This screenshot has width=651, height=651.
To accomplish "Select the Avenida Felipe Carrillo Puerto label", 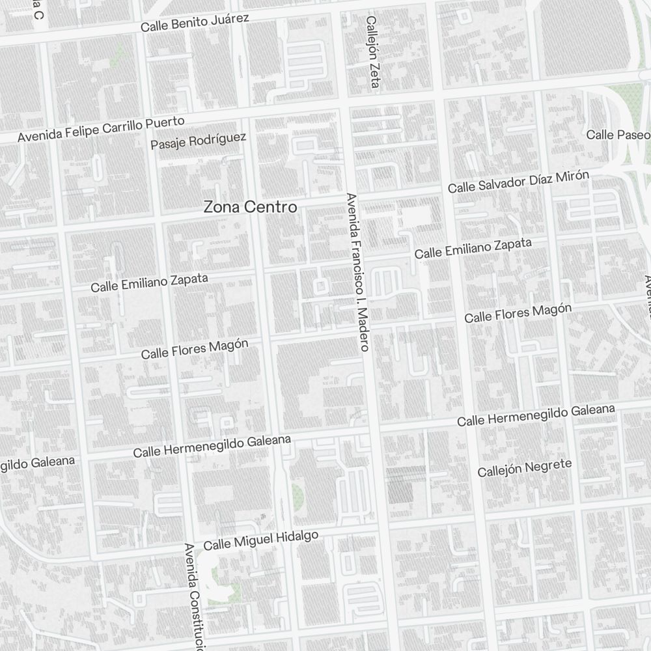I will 101,129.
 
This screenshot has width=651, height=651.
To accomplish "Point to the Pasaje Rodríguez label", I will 199,140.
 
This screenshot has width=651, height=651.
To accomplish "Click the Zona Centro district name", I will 250,207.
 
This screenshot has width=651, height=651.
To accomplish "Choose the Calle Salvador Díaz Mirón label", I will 518,182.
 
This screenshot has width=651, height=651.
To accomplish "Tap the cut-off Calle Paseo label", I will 618,135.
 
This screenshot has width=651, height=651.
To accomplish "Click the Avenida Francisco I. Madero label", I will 358,271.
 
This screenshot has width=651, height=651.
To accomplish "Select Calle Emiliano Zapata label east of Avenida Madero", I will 473,249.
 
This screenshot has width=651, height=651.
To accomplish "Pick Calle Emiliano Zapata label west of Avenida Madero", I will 149,283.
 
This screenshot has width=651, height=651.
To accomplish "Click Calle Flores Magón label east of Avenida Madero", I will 518,313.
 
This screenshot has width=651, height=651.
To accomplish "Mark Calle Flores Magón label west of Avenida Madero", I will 195,348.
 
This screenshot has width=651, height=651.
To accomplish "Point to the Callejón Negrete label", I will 524,467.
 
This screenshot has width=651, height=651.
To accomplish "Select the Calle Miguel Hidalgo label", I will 260,540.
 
